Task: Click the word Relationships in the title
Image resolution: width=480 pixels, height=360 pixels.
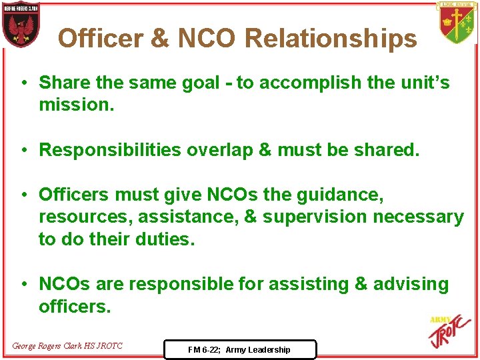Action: [331, 39]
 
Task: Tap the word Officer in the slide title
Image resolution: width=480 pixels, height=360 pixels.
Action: [100, 39]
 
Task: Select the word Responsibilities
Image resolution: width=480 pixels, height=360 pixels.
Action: [109, 150]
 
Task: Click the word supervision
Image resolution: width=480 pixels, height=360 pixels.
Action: [315, 217]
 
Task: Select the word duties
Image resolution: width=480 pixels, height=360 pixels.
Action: [163, 239]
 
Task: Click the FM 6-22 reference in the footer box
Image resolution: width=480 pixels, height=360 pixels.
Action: [239, 349]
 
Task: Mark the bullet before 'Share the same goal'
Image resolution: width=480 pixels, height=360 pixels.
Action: [23, 83]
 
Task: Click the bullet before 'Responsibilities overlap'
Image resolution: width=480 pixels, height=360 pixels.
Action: [23, 150]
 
